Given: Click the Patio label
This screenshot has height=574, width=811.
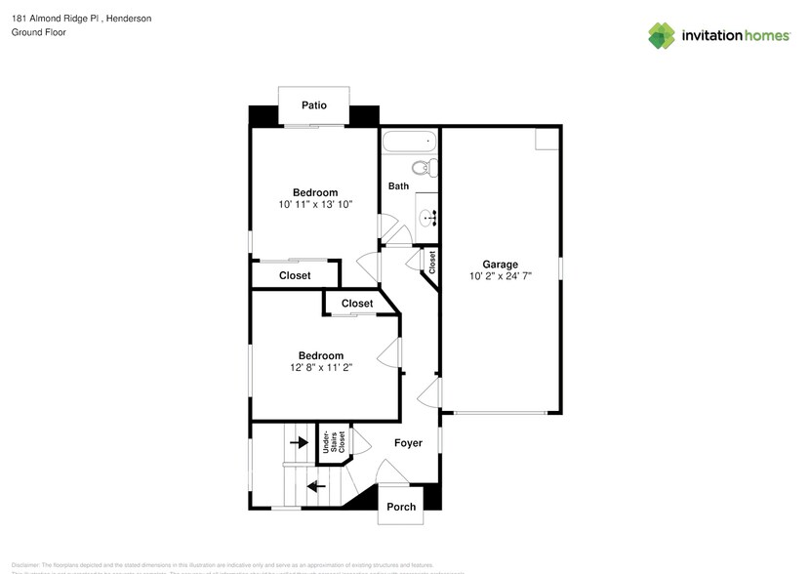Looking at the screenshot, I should tap(313, 105).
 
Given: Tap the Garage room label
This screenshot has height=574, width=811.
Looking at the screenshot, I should tap(500, 265).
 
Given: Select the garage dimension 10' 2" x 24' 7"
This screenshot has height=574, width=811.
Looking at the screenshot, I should tap(500, 277).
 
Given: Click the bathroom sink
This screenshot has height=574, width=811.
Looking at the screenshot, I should tap(426, 216).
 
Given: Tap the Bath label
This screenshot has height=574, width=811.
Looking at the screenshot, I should tap(398, 186).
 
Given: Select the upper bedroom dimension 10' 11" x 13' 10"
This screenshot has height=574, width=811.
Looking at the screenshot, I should tap(315, 205).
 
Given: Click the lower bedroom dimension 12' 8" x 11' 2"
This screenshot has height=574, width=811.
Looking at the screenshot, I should tap(320, 368).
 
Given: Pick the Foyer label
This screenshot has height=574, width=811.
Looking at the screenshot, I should tap(408, 443).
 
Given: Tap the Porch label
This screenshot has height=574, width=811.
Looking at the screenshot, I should tap(401, 507).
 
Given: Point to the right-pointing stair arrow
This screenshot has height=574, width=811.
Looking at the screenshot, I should tap(299, 442).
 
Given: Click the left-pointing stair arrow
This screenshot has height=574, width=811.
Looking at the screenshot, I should tap(316, 485).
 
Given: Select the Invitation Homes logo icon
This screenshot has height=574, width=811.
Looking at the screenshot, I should tap(662, 35).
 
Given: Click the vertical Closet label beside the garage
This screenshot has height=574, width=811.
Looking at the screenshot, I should tap(431, 262).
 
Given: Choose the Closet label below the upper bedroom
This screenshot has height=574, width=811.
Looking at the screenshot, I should tap(295, 276).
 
